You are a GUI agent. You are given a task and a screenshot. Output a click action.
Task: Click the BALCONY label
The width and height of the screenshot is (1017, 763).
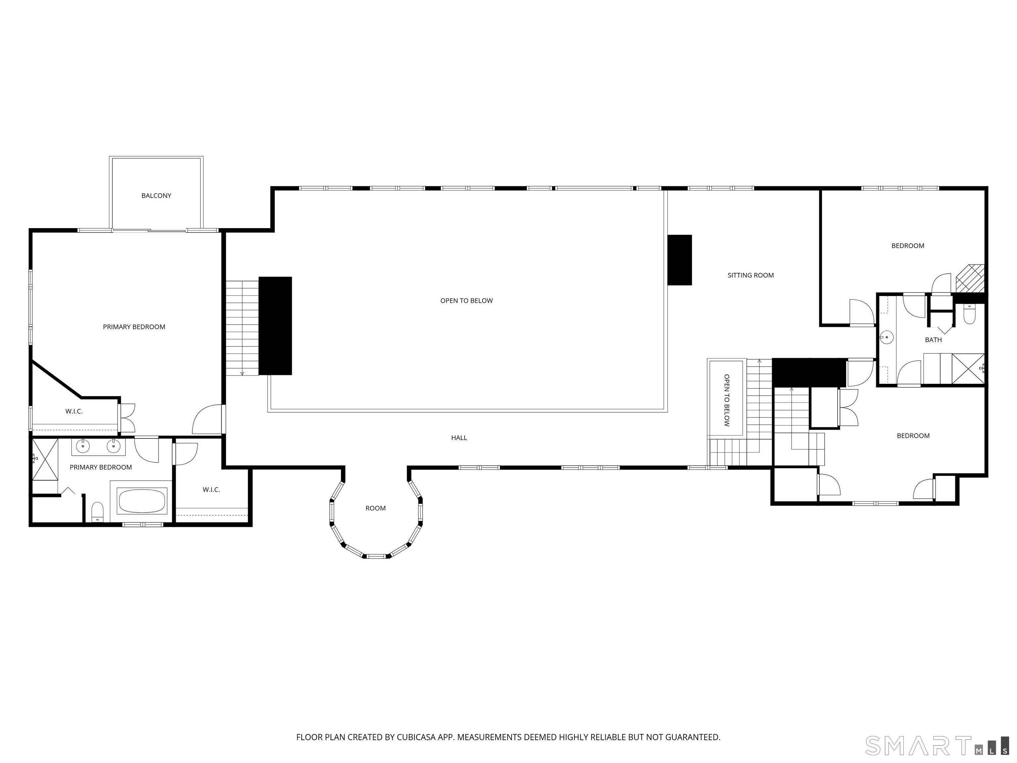click(156, 195)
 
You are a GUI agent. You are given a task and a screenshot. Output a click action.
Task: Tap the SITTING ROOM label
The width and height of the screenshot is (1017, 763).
click(751, 275)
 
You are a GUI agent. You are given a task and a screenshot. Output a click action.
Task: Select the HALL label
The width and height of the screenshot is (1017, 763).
click(459, 438)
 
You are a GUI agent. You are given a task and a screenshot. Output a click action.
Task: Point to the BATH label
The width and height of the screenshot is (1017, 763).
click(933, 340)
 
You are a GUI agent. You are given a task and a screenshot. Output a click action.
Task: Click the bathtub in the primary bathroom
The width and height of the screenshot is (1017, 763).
click(142, 501)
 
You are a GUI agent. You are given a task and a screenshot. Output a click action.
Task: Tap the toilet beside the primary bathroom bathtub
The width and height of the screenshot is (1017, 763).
click(97, 512)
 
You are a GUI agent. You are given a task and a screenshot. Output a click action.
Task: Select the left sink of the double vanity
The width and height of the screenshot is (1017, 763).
click(83, 446)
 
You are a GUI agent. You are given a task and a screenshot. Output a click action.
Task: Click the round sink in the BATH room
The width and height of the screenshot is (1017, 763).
click(887, 337)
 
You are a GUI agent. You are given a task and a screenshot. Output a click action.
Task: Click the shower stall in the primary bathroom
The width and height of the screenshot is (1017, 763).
click(45, 459)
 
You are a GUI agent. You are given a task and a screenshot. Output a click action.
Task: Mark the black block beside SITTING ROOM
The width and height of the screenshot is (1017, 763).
click(680, 260)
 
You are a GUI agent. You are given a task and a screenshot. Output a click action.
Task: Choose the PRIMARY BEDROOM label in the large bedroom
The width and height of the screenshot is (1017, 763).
click(134, 327)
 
